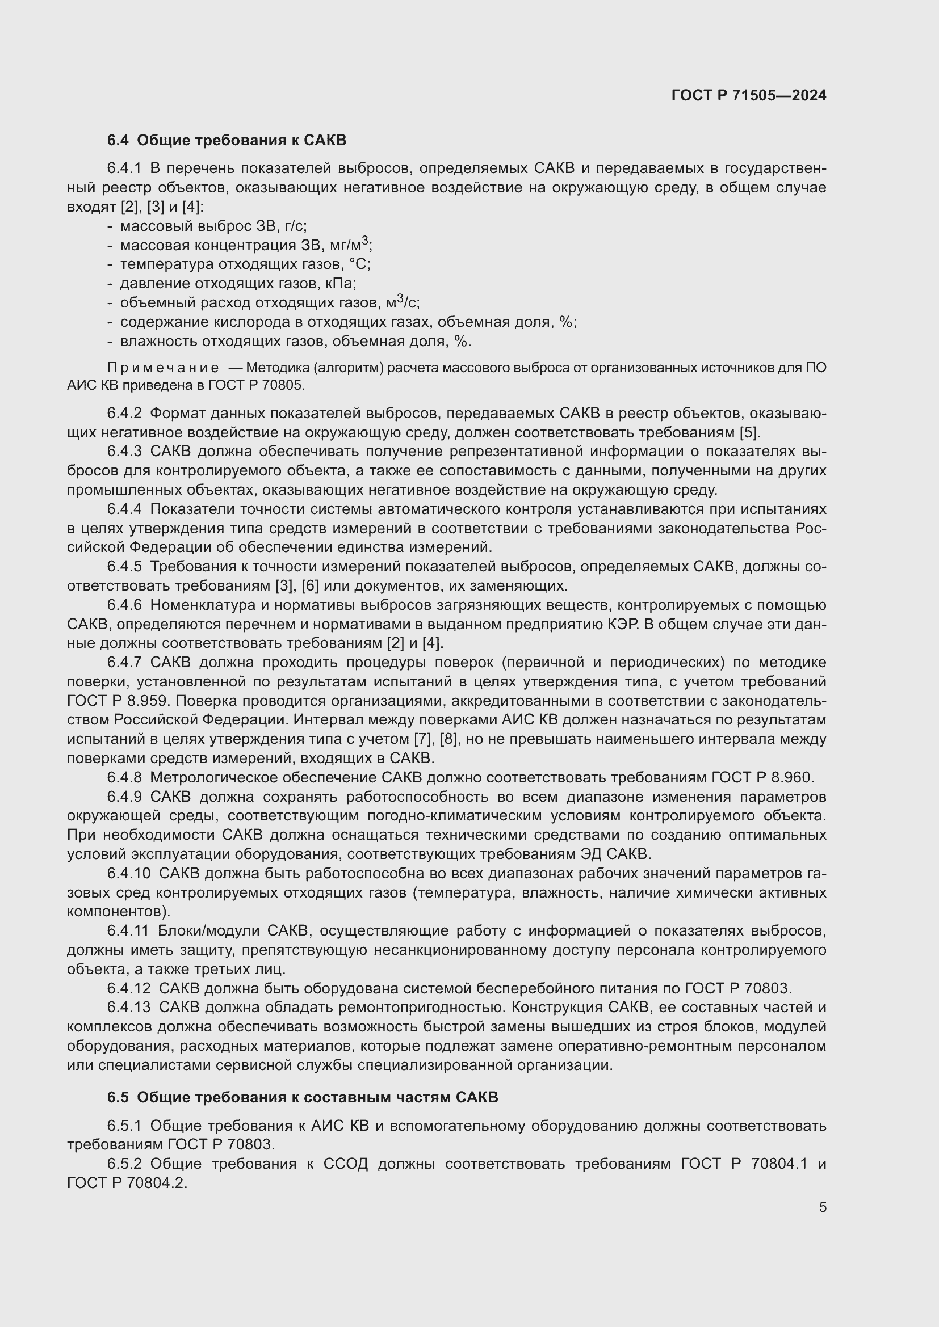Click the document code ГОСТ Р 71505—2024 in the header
(x=749, y=95)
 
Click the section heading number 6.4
(x=118, y=141)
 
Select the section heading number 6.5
(x=118, y=1097)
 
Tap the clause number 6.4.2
(x=124, y=413)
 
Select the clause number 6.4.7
(x=124, y=662)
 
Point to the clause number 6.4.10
(x=128, y=873)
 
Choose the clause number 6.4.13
(x=128, y=1008)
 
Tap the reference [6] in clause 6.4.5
(x=311, y=586)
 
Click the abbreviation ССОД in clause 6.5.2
(x=345, y=1164)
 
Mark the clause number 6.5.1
(x=124, y=1125)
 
